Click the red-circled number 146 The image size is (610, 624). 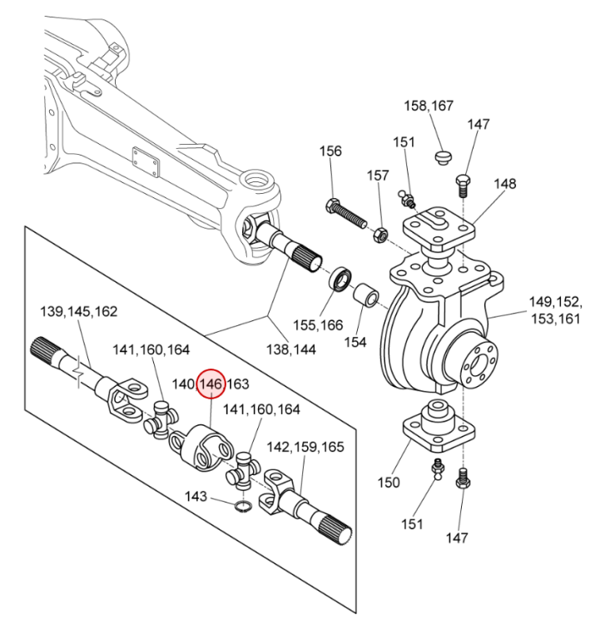(x=211, y=384)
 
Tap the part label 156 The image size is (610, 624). (x=331, y=151)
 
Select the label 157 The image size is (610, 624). (x=379, y=176)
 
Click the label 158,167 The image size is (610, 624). (x=429, y=106)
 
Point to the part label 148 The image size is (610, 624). (x=505, y=184)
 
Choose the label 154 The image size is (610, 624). (x=355, y=342)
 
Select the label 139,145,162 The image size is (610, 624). (x=79, y=312)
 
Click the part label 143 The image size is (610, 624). (x=196, y=496)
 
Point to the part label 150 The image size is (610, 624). (x=389, y=482)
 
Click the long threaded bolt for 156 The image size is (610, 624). (x=349, y=213)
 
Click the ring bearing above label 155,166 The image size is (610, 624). (x=340, y=279)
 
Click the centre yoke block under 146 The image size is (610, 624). (x=205, y=445)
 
